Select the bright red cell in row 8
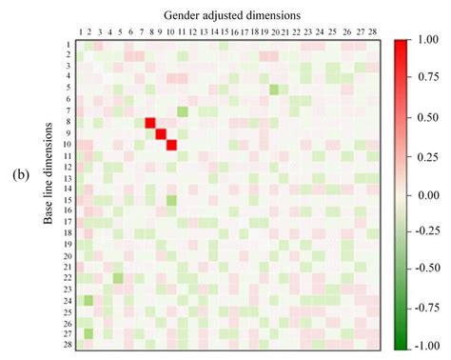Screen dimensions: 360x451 [150, 122]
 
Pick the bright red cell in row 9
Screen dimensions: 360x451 [161, 133]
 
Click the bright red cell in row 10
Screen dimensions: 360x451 [172, 145]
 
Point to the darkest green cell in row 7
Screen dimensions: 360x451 [183, 111]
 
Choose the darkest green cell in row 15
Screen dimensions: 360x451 [172, 200]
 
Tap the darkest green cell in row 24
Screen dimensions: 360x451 [88, 300]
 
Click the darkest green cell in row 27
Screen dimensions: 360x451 [88, 333]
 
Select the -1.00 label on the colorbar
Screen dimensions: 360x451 [430, 348]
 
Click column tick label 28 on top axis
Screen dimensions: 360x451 [371, 31]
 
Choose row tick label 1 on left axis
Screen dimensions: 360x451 [69, 45]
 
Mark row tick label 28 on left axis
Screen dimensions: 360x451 [68, 344]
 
